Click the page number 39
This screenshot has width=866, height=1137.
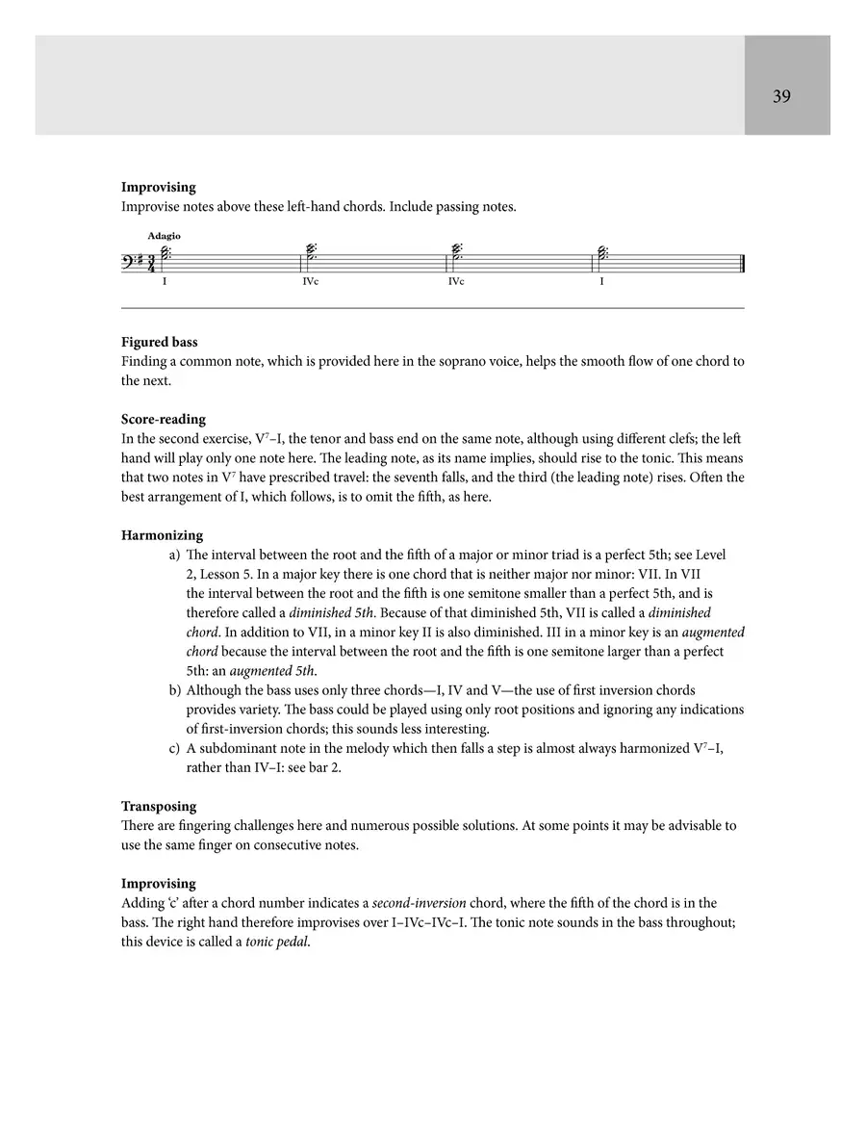[x=781, y=96]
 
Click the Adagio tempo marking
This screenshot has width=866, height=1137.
[x=164, y=236]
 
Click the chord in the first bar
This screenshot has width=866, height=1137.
[x=166, y=255]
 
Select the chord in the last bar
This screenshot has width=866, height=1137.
[x=602, y=255]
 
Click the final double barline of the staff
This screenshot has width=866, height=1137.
[x=743, y=262]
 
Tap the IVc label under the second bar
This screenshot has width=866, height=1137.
[x=310, y=282]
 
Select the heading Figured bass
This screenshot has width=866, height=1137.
[x=159, y=342]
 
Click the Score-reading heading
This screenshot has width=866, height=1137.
[x=163, y=420]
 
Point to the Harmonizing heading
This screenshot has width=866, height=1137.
[x=162, y=535]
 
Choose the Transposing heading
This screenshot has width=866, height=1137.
[x=158, y=806]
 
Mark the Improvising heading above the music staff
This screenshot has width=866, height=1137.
[x=158, y=188]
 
